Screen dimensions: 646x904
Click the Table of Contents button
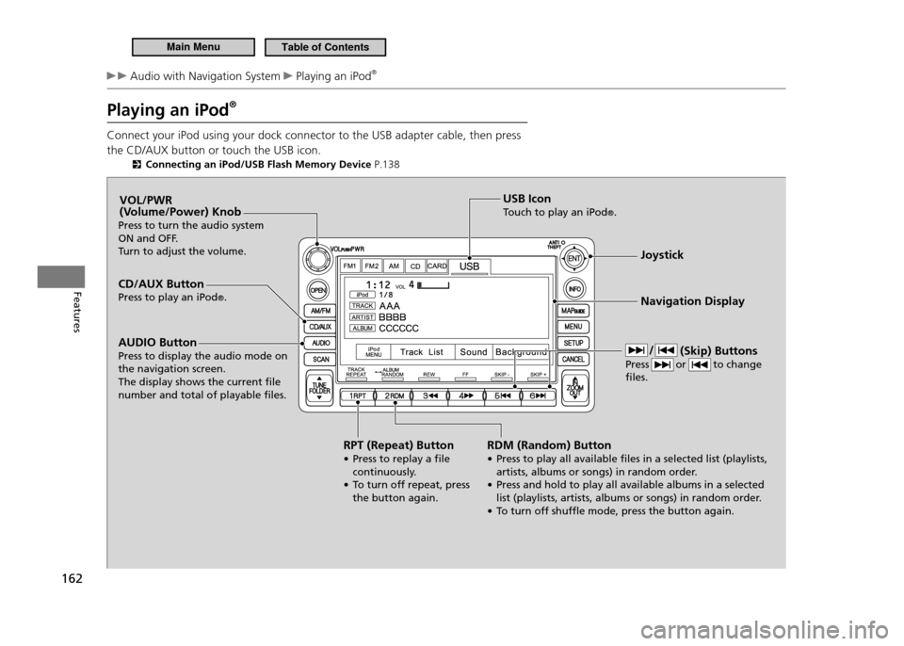[x=326, y=47]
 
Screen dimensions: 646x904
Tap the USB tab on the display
[x=469, y=266]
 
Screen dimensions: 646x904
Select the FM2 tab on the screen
[x=371, y=266]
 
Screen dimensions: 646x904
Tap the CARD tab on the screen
[x=437, y=266]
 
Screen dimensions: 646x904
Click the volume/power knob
[x=318, y=259]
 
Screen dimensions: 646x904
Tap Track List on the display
[x=421, y=352]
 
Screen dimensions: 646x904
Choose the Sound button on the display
[x=474, y=352]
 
